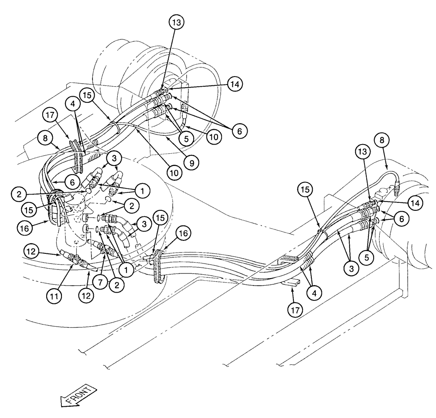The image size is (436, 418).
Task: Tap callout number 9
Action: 191,162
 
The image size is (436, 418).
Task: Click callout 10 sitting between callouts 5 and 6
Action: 212,136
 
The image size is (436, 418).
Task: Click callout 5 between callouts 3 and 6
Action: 366,257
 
